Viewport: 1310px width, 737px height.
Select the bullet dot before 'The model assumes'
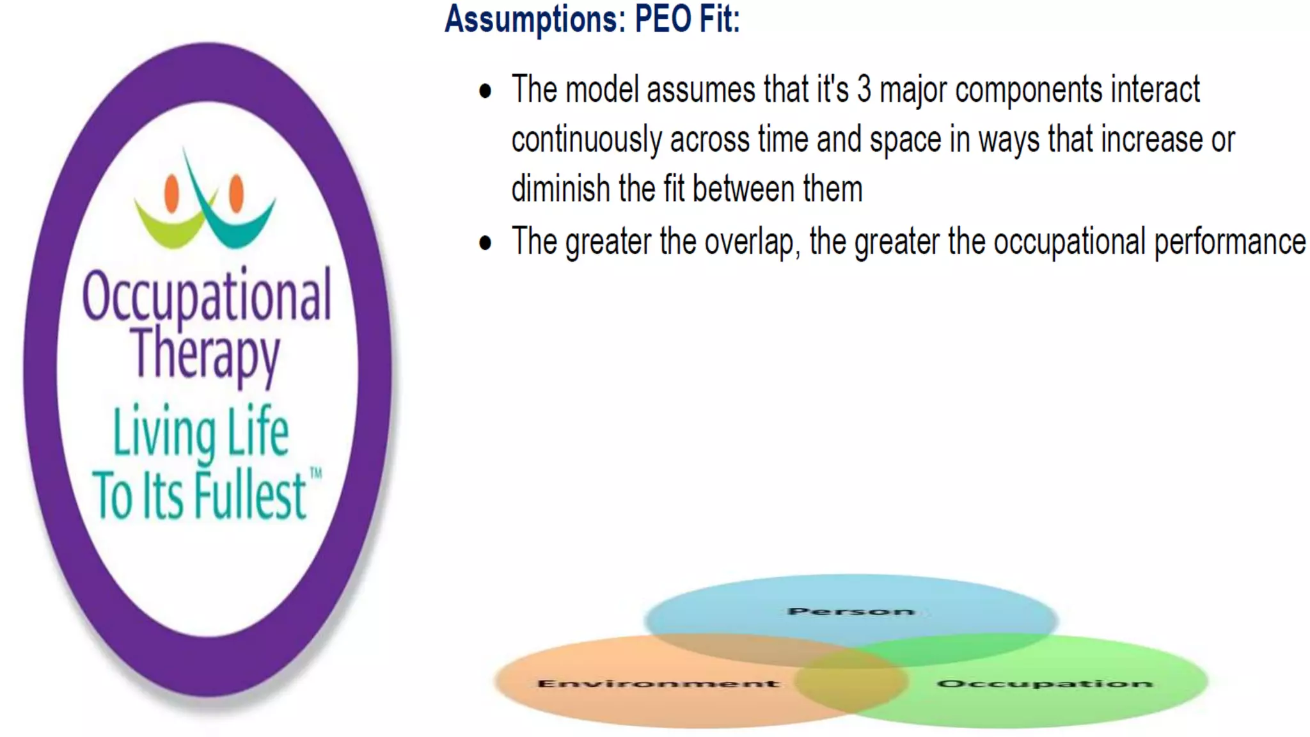485,91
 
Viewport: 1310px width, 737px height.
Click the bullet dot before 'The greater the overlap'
485,243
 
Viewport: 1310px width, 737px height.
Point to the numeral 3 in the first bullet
864,90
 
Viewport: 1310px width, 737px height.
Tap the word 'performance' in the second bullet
1229,242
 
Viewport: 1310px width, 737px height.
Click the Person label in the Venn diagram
851,612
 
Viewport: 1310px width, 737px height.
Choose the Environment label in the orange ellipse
658,684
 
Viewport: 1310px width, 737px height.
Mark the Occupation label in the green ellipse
1045,684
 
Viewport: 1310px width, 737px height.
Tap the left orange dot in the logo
171,193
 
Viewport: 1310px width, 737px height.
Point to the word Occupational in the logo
207,296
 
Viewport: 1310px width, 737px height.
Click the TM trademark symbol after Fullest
316,473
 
